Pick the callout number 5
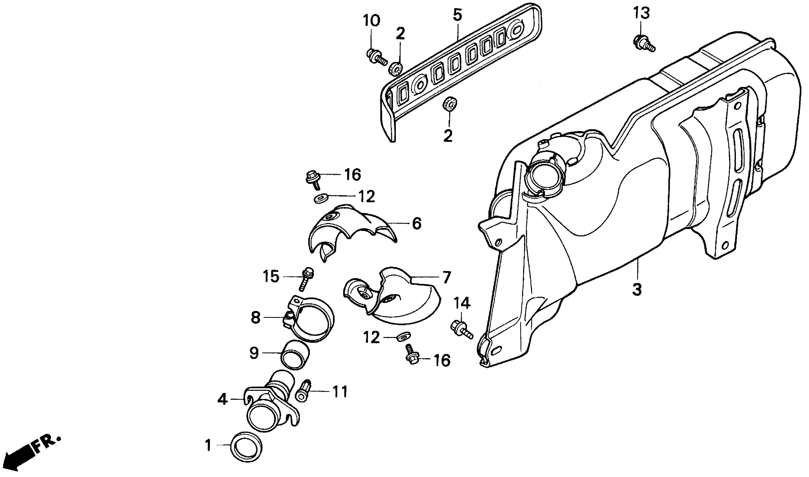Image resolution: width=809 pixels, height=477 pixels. (x=457, y=15)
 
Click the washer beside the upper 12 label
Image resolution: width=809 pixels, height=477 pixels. (x=320, y=198)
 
